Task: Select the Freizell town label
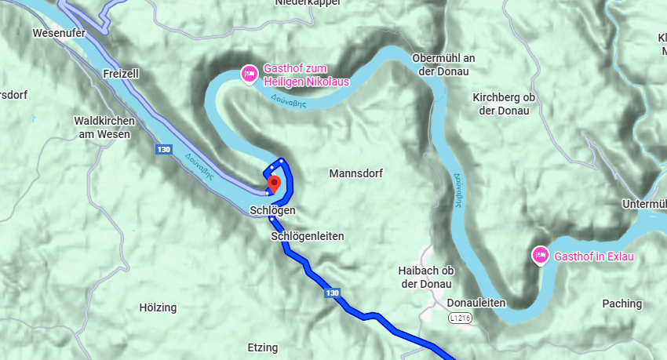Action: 120,73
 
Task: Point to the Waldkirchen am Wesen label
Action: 104,128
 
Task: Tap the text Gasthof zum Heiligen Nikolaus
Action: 306,75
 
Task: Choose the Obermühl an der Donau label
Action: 443,65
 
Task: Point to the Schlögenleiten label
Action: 308,236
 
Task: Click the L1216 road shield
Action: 461,318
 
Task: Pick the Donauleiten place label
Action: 476,303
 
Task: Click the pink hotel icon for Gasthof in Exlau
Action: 540,256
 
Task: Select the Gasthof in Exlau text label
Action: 593,256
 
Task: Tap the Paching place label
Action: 621,304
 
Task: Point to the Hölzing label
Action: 158,307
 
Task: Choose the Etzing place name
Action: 262,347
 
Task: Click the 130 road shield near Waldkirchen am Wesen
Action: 163,148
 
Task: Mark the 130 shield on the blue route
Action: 332,293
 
